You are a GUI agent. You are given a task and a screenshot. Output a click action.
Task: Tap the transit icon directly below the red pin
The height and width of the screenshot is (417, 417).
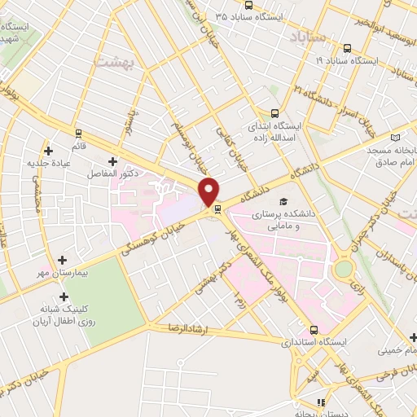pyautogui.click(x=217, y=208)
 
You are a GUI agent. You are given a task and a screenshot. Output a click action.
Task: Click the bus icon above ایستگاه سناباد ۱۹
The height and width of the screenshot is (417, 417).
pyautogui.click(x=349, y=47)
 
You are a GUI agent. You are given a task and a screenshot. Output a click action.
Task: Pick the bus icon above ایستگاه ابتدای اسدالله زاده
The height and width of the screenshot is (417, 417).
pyautogui.click(x=275, y=114)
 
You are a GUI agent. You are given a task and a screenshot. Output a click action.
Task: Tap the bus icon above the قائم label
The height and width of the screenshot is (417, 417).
pyautogui.click(x=78, y=133)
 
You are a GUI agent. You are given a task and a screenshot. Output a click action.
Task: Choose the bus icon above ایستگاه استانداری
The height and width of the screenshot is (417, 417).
pyautogui.click(x=315, y=331)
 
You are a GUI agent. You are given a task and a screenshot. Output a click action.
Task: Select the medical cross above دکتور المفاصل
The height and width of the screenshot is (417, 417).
pyautogui.click(x=112, y=161)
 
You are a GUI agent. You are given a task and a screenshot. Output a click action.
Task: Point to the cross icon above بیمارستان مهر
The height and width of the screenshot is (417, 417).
pyautogui.click(x=63, y=260)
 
